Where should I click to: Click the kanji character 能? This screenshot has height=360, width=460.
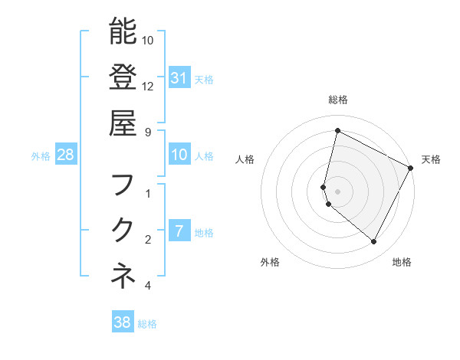[x=123, y=32]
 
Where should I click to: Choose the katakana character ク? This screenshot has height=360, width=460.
[x=123, y=230]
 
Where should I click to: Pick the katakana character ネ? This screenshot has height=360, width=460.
[x=123, y=276]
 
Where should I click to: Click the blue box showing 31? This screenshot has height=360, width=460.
[x=179, y=77]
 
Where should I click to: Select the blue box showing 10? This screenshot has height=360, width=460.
[x=179, y=155]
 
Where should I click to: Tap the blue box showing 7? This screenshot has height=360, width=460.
[x=179, y=231]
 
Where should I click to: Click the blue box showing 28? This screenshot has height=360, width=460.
[x=66, y=155]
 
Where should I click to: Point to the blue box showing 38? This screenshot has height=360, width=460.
[x=123, y=322]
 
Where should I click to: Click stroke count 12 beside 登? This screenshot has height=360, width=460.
[x=148, y=86]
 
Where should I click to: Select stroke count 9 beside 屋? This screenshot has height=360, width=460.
[x=148, y=131]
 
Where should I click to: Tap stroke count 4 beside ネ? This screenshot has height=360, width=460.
[x=148, y=286]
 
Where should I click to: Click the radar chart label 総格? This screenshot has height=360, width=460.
[x=337, y=100]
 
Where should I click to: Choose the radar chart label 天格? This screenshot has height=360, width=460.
[x=431, y=159]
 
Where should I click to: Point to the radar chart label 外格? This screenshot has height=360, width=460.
[x=270, y=262]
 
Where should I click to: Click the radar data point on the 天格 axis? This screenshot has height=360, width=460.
[x=411, y=168]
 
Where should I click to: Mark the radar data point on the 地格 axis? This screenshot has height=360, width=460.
[x=373, y=242]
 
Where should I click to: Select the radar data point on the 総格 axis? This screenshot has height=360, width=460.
[x=337, y=131]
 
